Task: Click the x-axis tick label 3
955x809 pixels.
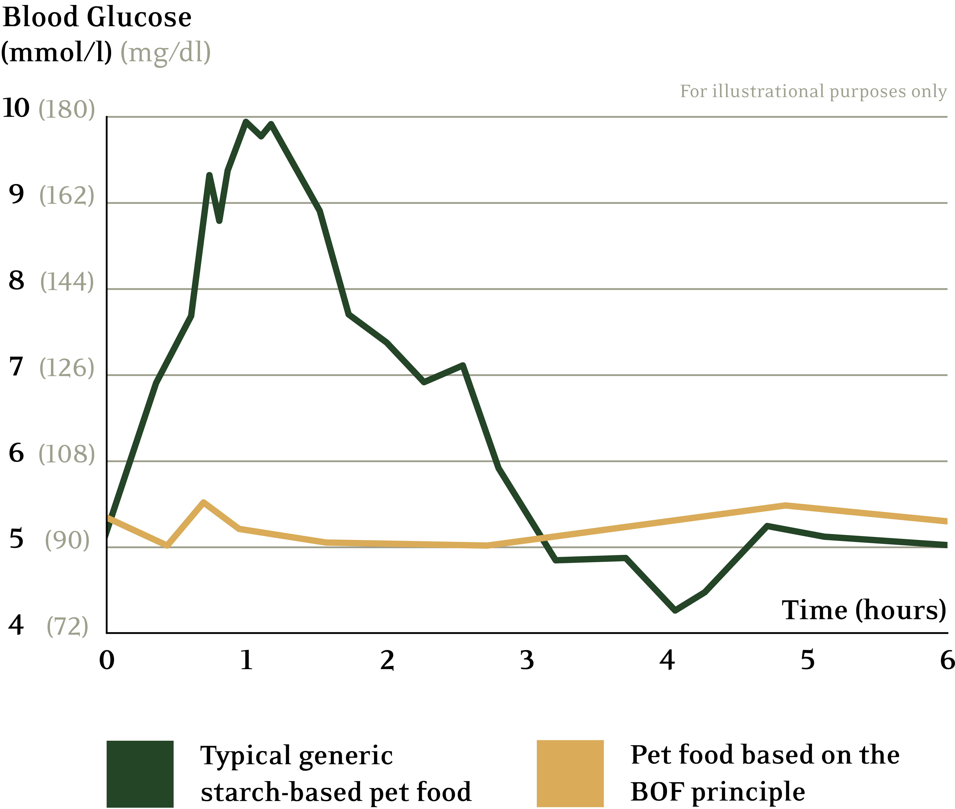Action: point(527,660)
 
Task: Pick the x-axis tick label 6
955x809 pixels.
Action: point(947,660)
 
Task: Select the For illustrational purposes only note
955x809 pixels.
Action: point(813,91)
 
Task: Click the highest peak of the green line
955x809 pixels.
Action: point(246,122)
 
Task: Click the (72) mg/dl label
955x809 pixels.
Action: point(67,626)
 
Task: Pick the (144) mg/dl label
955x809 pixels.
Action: point(67,282)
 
